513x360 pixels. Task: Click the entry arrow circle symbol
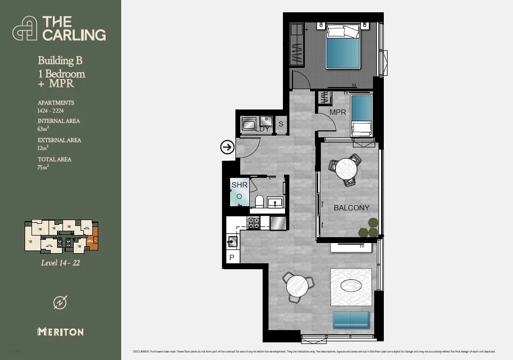click(x=227, y=147)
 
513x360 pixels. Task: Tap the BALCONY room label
click(x=351, y=208)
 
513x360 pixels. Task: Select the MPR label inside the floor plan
click(x=337, y=113)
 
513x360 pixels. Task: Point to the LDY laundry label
click(x=262, y=129)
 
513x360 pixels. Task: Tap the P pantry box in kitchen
click(x=231, y=257)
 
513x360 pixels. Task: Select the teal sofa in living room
click(x=351, y=320)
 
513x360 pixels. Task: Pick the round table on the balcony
click(x=346, y=169)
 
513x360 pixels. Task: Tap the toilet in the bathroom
click(x=259, y=201)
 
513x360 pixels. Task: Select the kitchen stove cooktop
click(x=253, y=222)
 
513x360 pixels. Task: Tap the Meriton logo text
click(x=60, y=332)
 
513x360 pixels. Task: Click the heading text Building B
click(x=60, y=61)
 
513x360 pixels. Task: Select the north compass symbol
click(x=60, y=302)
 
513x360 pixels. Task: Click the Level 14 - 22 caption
click(x=60, y=262)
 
